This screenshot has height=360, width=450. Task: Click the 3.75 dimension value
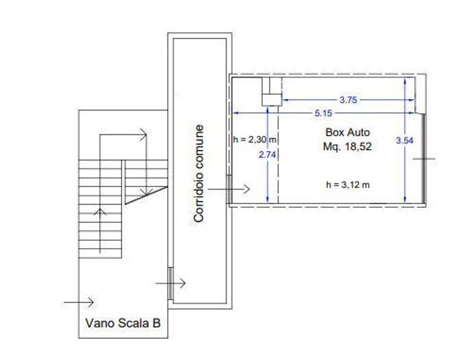tap(348, 100)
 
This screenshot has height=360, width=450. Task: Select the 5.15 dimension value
tap(323, 113)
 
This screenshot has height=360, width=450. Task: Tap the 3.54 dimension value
tap(405, 141)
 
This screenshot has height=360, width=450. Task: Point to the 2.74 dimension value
tap(268, 155)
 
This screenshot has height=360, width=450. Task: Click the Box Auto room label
tap(348, 132)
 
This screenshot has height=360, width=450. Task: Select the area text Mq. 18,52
tap(347, 147)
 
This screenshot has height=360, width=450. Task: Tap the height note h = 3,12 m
tap(348, 184)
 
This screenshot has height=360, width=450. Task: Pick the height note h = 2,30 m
tap(255, 140)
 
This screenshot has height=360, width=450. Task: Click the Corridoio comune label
tap(199, 173)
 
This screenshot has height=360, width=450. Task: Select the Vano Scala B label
tap(123, 323)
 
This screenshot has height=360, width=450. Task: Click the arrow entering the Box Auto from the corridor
tap(228, 189)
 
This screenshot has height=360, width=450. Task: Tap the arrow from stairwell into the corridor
tap(171, 283)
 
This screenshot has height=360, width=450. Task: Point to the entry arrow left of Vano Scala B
tap(79, 302)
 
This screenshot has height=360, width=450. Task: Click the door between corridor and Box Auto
tap(229, 189)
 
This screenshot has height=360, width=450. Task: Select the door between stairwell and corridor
tap(170, 283)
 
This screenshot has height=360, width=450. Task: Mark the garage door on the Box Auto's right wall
tap(424, 158)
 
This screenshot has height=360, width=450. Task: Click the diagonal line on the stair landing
tap(146, 195)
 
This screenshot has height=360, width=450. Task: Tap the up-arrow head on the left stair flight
tap(100, 212)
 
